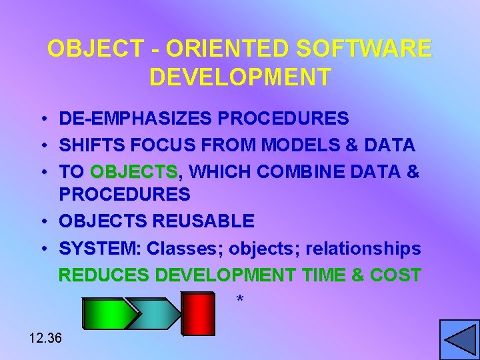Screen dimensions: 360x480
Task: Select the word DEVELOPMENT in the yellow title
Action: pos(240,77)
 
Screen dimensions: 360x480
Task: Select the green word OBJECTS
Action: pos(134,171)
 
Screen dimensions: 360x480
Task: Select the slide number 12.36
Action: pos(45,338)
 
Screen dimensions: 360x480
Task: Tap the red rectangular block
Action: pos(199,313)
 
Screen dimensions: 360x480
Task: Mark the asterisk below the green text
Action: pos(240,301)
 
